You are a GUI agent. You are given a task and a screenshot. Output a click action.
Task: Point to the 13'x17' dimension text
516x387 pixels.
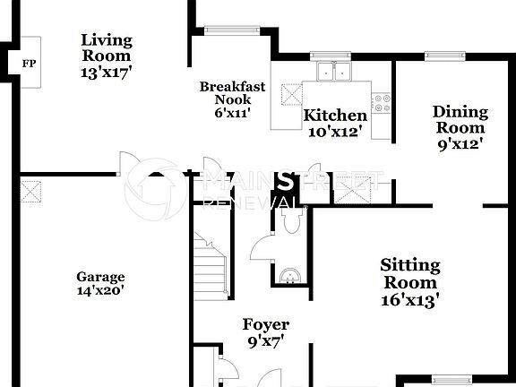point(107,73)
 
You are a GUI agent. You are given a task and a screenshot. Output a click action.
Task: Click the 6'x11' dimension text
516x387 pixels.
point(231,114)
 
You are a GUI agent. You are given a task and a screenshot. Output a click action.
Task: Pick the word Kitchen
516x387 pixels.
point(335,116)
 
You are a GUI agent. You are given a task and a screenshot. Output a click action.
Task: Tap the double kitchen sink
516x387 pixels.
point(333,71)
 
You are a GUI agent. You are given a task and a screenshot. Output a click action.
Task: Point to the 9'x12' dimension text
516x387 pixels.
point(460,142)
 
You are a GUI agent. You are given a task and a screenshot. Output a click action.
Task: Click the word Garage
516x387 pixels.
point(100,277)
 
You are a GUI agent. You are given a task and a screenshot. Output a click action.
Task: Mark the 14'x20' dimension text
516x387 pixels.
point(100,290)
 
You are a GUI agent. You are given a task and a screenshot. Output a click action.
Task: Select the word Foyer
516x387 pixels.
point(266,324)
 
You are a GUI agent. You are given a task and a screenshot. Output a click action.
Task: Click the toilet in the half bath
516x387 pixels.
point(287,219)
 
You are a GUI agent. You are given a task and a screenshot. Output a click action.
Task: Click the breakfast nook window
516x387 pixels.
point(231,30)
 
